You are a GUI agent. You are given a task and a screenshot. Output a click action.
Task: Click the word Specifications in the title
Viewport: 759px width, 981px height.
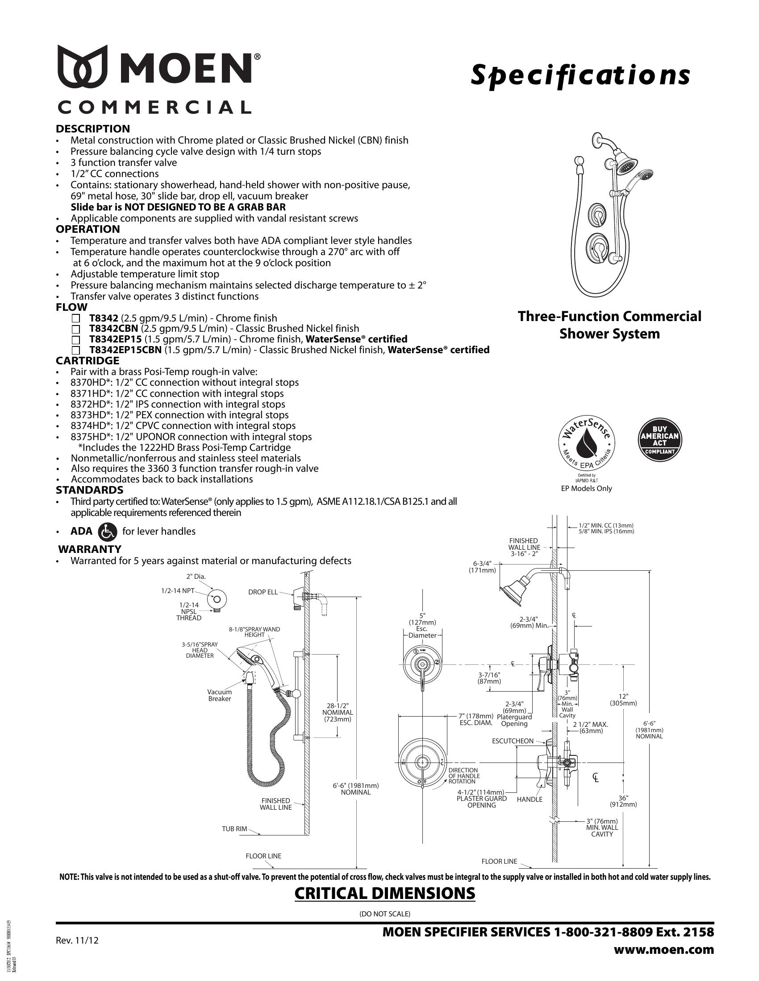[580, 75]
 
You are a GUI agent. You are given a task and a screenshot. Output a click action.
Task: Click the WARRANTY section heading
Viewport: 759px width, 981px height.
[90, 549]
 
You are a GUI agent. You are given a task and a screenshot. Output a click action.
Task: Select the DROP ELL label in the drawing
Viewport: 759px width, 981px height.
[263, 592]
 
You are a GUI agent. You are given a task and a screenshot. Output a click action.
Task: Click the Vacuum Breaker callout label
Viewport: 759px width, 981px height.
[219, 695]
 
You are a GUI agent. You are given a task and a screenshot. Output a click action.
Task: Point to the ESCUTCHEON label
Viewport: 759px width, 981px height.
[513, 741]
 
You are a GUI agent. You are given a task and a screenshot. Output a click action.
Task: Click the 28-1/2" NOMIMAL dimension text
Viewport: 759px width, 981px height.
[338, 712]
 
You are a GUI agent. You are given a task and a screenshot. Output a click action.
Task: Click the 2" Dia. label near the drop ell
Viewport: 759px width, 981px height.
[196, 577]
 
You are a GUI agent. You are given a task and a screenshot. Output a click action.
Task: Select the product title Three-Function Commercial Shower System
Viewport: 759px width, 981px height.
[609, 325]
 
